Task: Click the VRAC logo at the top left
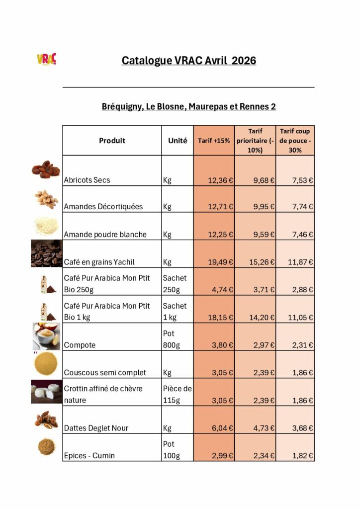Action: point(47,59)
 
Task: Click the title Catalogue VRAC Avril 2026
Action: point(189,61)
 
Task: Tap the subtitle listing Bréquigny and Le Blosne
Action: point(189,106)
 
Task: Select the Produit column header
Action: point(112,141)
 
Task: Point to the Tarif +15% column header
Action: point(214,141)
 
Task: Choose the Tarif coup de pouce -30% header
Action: point(295,141)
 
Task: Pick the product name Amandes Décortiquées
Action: point(103,207)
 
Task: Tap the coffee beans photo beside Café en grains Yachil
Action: point(47,254)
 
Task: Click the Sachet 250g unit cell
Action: point(175,283)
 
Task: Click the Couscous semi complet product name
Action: point(105,372)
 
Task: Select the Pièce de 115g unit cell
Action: point(177,394)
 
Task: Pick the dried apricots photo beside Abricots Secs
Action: point(46,170)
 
